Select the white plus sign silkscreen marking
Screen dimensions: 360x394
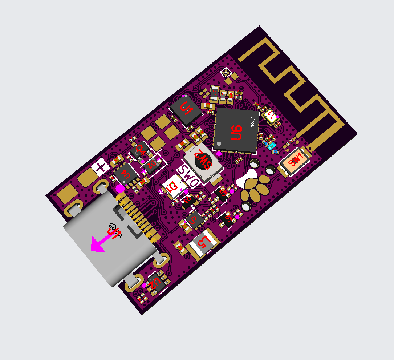point(100,168)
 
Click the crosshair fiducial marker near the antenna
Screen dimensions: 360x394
point(226,73)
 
